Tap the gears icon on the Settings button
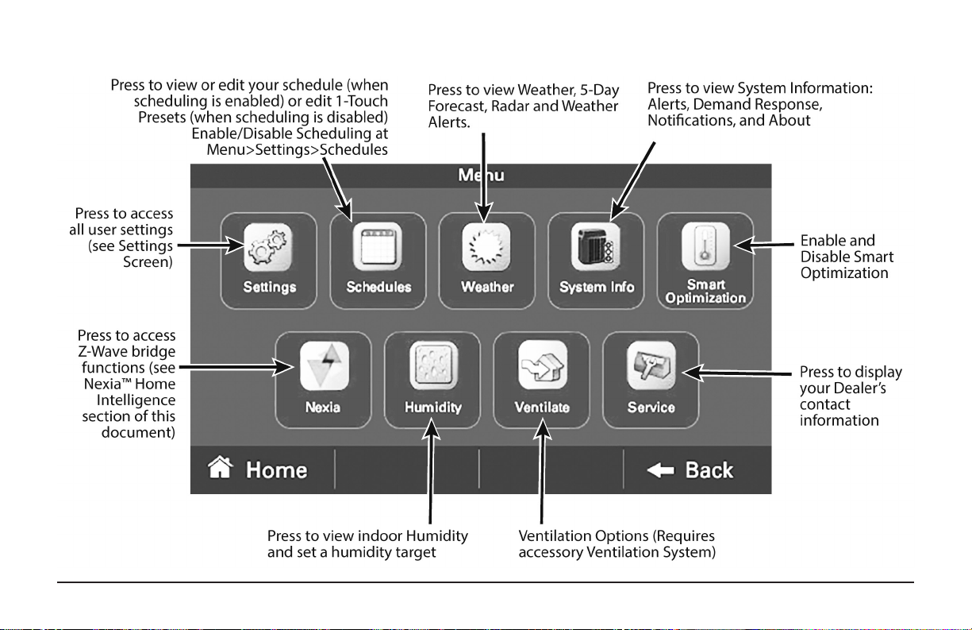tap(267, 247)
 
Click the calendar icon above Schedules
tap(377, 246)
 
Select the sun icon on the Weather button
tap(486, 247)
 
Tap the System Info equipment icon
tap(595, 246)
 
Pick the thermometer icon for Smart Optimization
tap(705, 246)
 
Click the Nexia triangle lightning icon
tap(325, 365)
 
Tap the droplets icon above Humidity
tap(433, 365)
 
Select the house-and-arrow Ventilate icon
tap(543, 365)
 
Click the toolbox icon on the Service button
tap(651, 365)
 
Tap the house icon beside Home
tap(221, 467)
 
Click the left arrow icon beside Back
tap(660, 470)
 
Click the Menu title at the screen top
tap(481, 175)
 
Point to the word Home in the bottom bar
tap(276, 470)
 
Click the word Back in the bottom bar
tap(709, 470)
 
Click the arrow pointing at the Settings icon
tap(211, 245)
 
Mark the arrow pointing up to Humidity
tap(430, 471)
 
